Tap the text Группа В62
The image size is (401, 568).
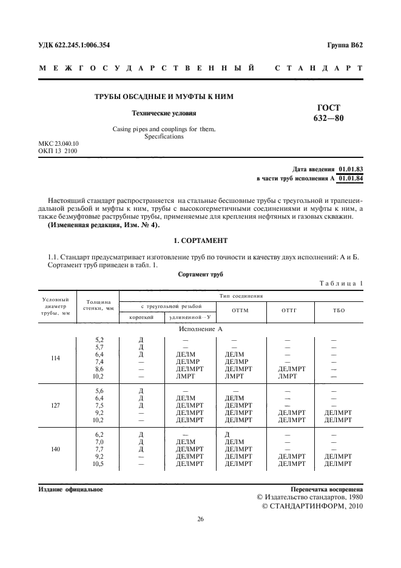344,45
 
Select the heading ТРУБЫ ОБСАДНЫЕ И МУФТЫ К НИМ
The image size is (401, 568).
163,97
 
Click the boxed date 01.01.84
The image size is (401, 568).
350,178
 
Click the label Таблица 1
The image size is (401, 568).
341,284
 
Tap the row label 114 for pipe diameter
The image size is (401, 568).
56,358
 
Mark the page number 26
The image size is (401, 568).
200,519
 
